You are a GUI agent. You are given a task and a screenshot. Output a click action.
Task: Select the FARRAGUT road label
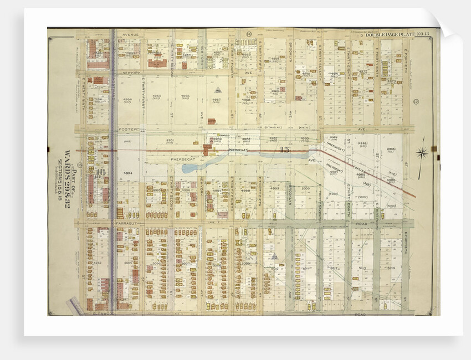[127, 223]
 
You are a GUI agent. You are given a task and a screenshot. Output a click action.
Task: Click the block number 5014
[391, 268]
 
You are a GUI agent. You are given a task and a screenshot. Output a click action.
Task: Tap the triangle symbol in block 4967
[218, 90]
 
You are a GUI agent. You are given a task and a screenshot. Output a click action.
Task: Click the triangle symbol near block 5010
[274, 256]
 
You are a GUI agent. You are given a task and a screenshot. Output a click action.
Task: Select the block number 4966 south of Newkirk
[185, 96]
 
